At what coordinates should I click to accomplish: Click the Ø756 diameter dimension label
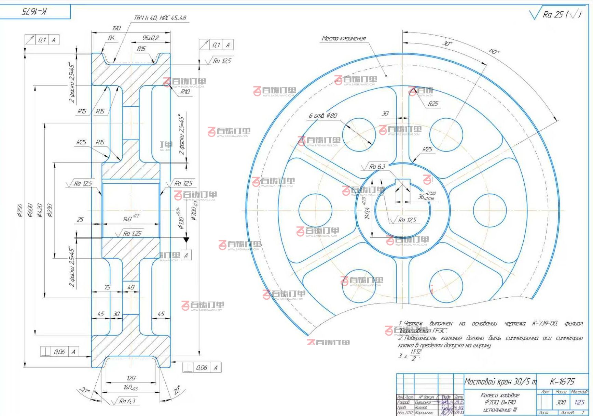coord(20,211)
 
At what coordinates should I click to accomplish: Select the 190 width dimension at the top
coord(117,28)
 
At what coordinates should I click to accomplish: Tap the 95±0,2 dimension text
coord(151,38)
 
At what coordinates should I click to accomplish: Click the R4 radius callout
coord(111,38)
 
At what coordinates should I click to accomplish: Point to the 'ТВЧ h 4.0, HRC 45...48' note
coord(160,18)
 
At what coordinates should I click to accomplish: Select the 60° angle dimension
coord(494,51)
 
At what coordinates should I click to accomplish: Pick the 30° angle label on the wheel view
coord(447,43)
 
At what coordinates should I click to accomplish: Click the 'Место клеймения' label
coord(344,38)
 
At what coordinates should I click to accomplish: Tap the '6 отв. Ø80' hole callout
coord(323,116)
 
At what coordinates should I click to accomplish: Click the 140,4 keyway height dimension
coord(367,213)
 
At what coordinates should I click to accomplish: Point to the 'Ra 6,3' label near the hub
coord(377,167)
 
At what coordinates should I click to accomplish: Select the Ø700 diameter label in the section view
coord(194,211)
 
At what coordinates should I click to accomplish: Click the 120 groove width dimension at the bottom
coord(131,378)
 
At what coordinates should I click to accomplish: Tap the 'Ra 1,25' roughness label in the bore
coord(132,233)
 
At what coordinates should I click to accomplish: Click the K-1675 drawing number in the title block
coord(562,381)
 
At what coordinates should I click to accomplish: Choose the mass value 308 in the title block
coord(561,402)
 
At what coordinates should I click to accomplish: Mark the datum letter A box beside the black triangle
coord(186,255)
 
